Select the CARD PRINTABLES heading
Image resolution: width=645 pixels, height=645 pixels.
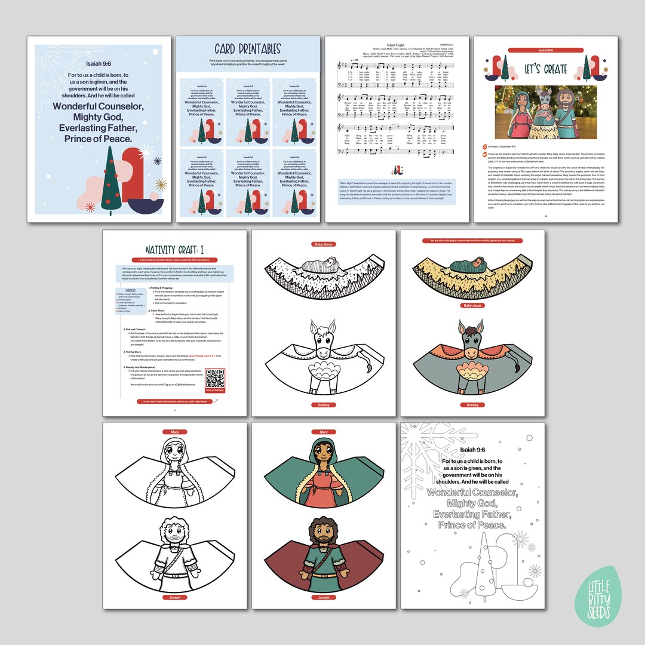(x=248, y=49)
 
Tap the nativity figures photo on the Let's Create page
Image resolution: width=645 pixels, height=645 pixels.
(x=545, y=112)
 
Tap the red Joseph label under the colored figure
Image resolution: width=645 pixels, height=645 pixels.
(x=324, y=597)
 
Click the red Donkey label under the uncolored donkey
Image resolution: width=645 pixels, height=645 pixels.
(x=323, y=405)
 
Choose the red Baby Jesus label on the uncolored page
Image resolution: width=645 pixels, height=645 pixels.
(x=323, y=244)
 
